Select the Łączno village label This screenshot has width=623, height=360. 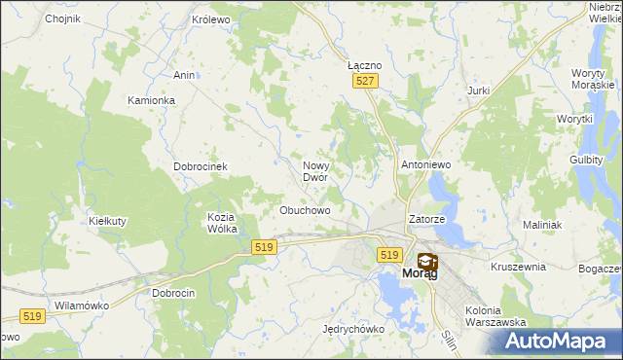point(364,64)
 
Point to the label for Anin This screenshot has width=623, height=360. point(184,75)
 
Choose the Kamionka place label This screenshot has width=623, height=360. point(151,100)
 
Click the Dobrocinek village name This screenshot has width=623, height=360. point(201,166)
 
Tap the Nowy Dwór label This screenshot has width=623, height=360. point(321,171)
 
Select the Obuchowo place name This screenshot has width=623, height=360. point(305,210)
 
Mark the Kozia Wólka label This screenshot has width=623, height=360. point(223,223)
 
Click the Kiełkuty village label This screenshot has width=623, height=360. point(108,221)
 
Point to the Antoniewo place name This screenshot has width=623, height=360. point(426,165)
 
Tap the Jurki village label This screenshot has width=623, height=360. point(478,90)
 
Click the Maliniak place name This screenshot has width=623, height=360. point(542,225)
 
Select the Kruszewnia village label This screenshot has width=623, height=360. point(518,266)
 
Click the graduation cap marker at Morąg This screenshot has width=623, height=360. point(426,261)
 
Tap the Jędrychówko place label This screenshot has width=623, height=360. point(353,329)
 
